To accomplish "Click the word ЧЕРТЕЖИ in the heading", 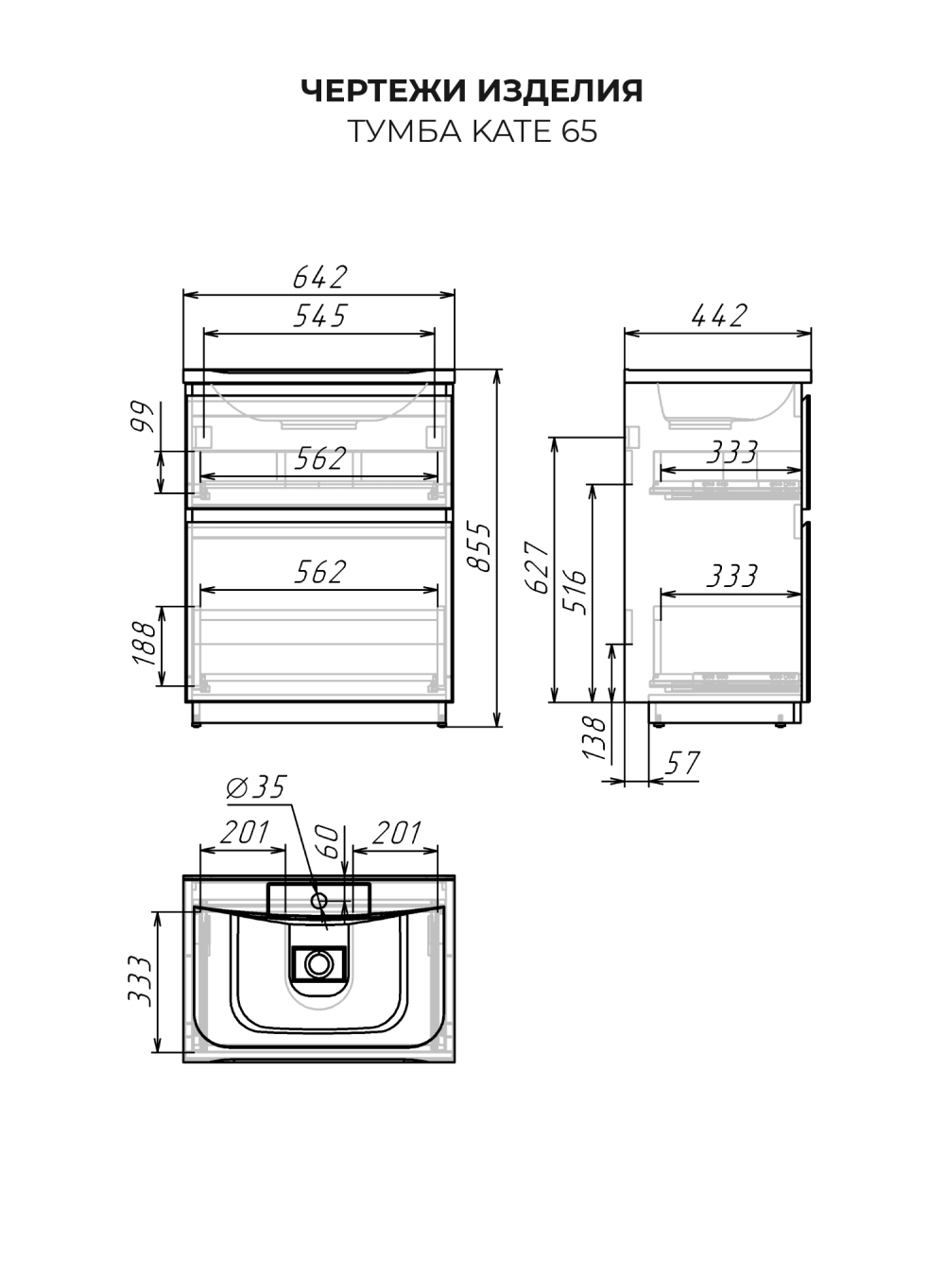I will click(x=384, y=91).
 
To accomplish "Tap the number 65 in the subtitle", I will click(x=579, y=131).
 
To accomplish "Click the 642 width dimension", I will click(x=319, y=277).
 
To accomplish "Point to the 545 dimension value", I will click(x=319, y=316).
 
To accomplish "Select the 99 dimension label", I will click(x=142, y=417).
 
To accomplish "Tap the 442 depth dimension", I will click(x=718, y=316).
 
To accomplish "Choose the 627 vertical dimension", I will click(x=536, y=566).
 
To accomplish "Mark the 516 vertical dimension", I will click(x=576, y=592).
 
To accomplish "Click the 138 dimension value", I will click(x=593, y=738).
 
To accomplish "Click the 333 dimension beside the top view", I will click(x=139, y=980).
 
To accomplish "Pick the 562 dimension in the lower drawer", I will click(x=319, y=572).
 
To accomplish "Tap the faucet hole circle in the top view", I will click(x=319, y=901).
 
